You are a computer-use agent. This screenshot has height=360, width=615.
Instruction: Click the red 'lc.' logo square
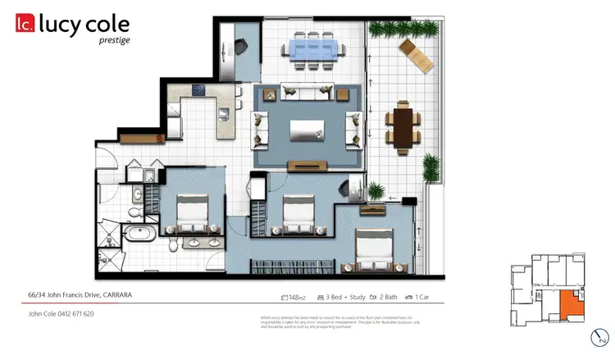click(24, 25)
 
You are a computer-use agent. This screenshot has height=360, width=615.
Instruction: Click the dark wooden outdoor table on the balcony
click(403, 127)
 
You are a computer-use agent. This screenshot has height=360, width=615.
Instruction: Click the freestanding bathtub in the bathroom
click(139, 236)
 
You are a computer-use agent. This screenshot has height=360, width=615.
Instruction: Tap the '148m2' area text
click(293, 297)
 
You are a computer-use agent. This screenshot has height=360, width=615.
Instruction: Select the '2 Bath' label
click(391, 297)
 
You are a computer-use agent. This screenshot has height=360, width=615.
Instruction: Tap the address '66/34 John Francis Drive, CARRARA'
click(80, 294)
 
